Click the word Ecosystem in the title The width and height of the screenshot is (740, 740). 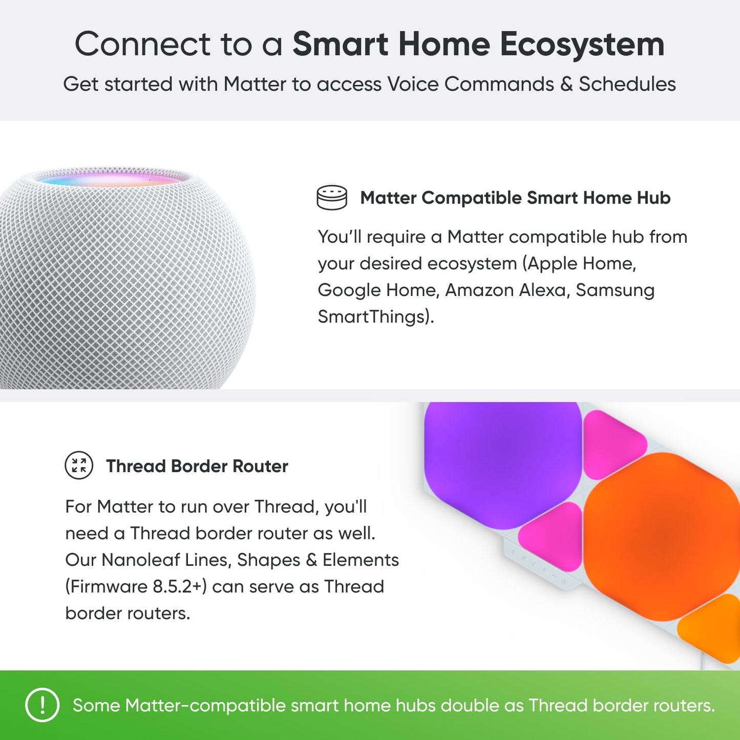pyautogui.click(x=582, y=45)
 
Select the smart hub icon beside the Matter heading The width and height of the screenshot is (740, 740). pyautogui.click(x=332, y=197)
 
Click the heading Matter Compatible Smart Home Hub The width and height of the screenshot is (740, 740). pyautogui.click(x=515, y=198)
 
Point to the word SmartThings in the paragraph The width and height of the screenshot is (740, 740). pyautogui.click(x=372, y=316)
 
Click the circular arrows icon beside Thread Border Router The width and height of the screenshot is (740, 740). pyautogui.click(x=79, y=466)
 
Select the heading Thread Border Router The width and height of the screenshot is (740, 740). pyautogui.click(x=197, y=466)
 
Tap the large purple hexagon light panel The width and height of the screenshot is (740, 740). pyautogui.click(x=502, y=461)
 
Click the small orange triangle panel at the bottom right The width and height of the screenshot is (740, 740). pyautogui.click(x=712, y=627)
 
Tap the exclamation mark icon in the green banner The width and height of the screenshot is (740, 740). pyautogui.click(x=42, y=705)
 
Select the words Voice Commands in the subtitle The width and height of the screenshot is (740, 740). pyautogui.click(x=470, y=84)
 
